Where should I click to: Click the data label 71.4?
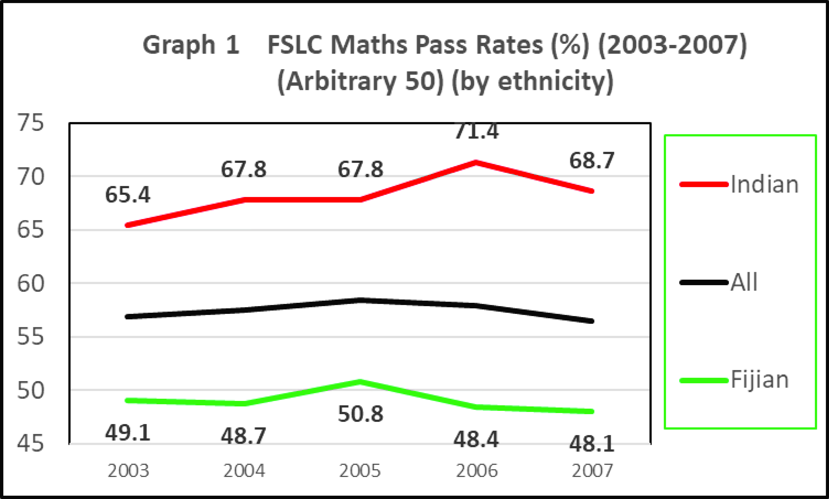click(x=477, y=132)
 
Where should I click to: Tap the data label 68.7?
click(x=592, y=161)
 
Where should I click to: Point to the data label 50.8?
click(x=360, y=414)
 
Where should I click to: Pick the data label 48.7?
click(x=243, y=436)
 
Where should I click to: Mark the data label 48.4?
click(x=476, y=440)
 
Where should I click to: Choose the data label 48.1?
click(x=592, y=444)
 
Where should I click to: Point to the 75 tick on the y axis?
click(x=30, y=123)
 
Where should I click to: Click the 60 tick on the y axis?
click(x=30, y=283)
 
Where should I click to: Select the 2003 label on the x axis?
click(x=128, y=471)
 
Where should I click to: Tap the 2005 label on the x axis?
click(x=360, y=471)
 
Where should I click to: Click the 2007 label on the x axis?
click(x=592, y=471)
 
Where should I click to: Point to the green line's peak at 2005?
click(x=360, y=381)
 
